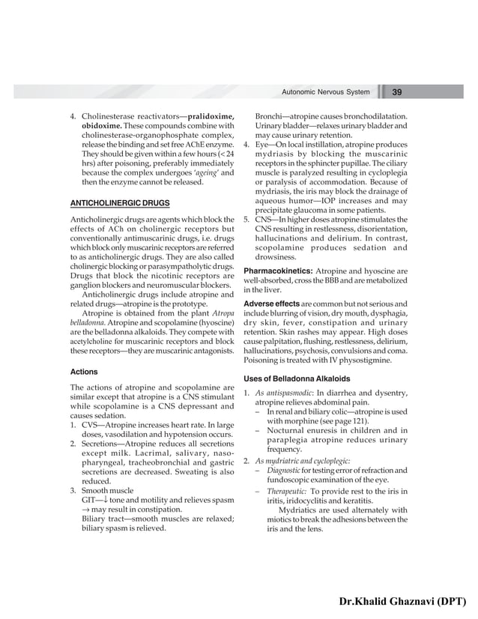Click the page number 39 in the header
[397, 92]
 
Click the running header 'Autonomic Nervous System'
[325, 92]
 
